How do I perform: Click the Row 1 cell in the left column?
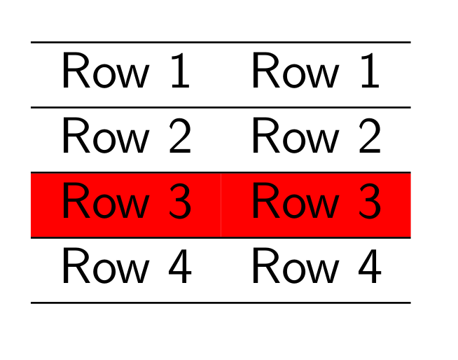pyautogui.click(x=126, y=73)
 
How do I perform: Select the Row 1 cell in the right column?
pyautogui.click(x=315, y=73)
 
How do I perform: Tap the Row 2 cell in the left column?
pyautogui.click(x=126, y=138)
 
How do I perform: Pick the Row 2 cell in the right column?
pyautogui.click(x=315, y=138)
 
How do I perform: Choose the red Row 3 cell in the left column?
pyautogui.click(x=126, y=204)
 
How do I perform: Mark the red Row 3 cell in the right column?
pyautogui.click(x=315, y=204)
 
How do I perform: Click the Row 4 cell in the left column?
pyautogui.click(x=126, y=269)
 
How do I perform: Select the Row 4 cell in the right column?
pyautogui.click(x=315, y=269)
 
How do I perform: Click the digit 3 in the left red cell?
pyautogui.click(x=179, y=203)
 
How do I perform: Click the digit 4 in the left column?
pyautogui.click(x=179, y=268)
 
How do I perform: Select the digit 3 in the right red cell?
pyautogui.click(x=368, y=203)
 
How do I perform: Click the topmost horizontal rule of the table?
pyautogui.click(x=220, y=43)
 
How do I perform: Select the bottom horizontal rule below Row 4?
pyautogui.click(x=220, y=303)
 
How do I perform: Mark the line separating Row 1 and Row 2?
pyautogui.click(x=220, y=108)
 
